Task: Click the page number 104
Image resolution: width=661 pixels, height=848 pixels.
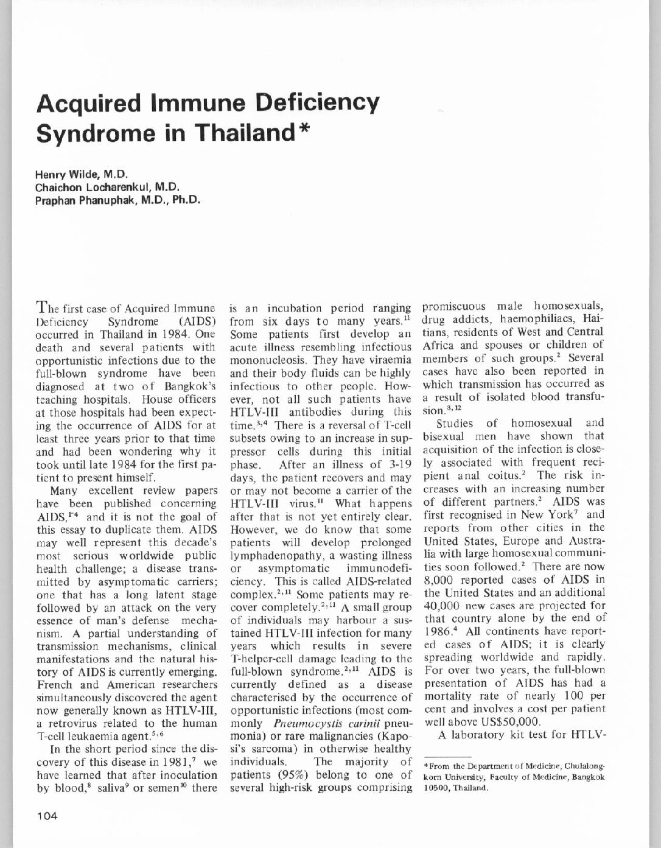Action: click(x=47, y=816)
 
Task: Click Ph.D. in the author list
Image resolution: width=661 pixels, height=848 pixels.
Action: click(x=186, y=199)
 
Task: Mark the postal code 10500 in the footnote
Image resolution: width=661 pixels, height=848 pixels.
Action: click(x=436, y=787)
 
